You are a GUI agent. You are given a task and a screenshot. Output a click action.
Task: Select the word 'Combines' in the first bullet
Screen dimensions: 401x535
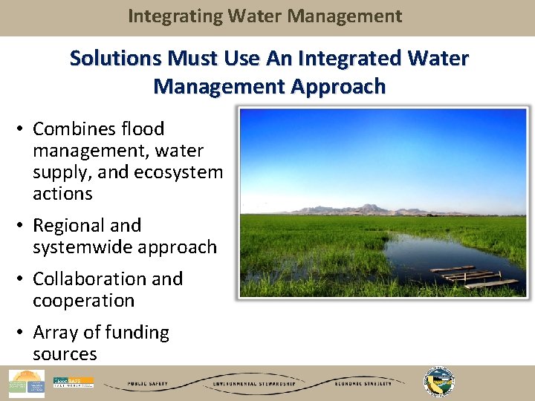tap(72, 129)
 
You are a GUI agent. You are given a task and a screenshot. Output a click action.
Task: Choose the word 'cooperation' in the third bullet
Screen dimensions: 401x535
tap(83, 301)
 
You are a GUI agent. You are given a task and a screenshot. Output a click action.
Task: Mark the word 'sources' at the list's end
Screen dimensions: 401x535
tap(65, 354)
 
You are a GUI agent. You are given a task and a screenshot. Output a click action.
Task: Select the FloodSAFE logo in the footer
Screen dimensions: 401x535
tap(73, 383)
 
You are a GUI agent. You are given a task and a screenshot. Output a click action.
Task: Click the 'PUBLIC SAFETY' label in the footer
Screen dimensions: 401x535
tap(146, 384)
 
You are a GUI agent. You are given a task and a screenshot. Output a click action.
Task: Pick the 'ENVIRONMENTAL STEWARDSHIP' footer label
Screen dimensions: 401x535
tap(254, 384)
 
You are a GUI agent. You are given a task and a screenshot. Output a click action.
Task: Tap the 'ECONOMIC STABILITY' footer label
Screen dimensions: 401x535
tap(359, 384)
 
